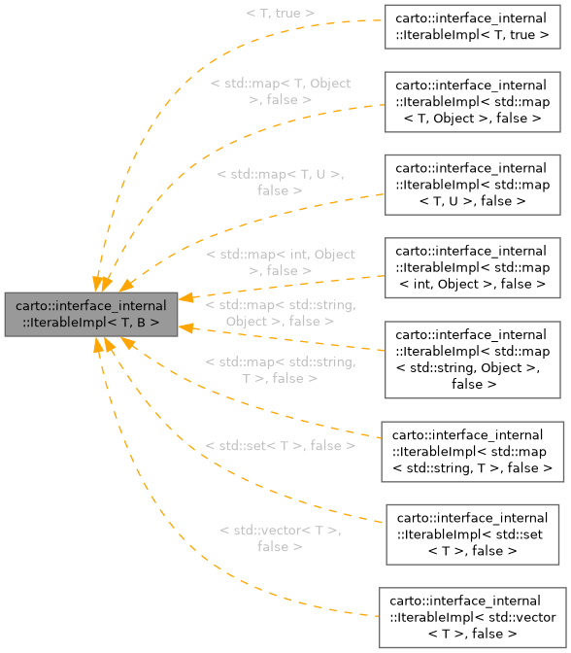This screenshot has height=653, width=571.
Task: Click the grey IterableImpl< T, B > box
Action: pyautogui.click(x=91, y=314)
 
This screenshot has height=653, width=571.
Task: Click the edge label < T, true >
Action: pyautogui.click(x=280, y=13)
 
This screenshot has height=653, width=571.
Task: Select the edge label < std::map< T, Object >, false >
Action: pyautogui.click(x=280, y=91)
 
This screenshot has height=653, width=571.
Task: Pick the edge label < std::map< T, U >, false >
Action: pyautogui.click(x=280, y=182)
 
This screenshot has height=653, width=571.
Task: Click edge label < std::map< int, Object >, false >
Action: pyautogui.click(x=280, y=262)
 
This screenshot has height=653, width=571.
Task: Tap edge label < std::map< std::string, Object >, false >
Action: pyautogui.click(x=280, y=313)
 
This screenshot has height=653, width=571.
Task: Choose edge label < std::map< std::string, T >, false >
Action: pyautogui.click(x=280, y=370)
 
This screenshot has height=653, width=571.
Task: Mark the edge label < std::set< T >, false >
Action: pyautogui.click(x=280, y=446)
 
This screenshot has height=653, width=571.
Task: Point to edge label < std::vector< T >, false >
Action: pyautogui.click(x=280, y=538)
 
